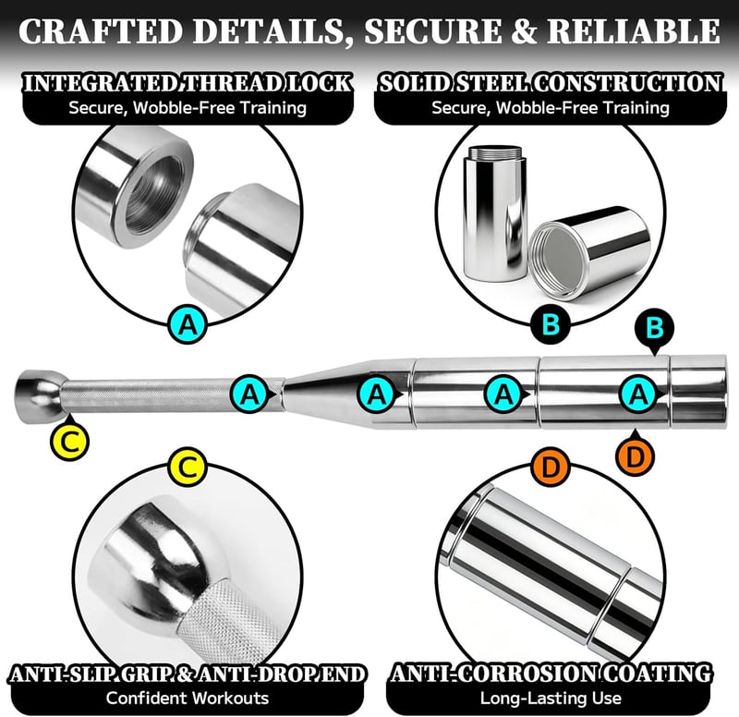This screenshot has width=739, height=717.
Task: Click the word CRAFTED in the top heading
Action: [101, 31]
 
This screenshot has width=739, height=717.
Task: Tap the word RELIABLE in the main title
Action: [634, 31]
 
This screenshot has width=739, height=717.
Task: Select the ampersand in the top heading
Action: [524, 31]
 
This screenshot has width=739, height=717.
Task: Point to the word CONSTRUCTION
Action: [628, 83]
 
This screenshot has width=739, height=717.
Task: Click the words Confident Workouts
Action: [188, 698]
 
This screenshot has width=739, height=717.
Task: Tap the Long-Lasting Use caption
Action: [551, 698]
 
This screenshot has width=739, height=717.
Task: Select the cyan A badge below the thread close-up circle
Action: [188, 324]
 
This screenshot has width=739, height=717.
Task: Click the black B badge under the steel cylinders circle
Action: [551, 324]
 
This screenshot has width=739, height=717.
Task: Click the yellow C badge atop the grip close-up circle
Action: [188, 468]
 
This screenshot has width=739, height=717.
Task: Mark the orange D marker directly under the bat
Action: [635, 455]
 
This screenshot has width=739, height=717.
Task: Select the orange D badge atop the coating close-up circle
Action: [551, 468]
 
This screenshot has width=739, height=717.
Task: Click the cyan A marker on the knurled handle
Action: [250, 394]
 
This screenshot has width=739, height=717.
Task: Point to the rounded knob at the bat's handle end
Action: [40, 395]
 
